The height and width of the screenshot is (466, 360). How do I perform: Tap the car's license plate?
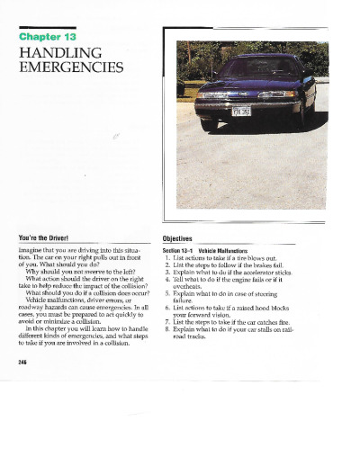[x=242, y=112]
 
